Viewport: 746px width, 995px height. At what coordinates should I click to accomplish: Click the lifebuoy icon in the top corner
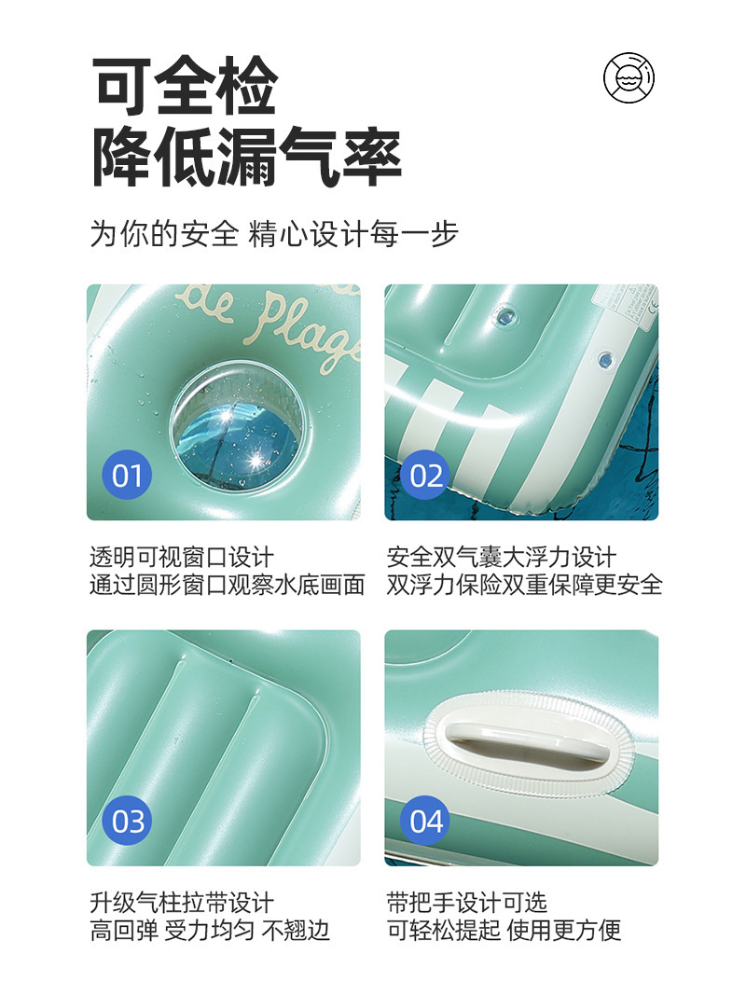point(628,78)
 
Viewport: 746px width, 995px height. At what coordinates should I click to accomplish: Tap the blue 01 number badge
point(127,475)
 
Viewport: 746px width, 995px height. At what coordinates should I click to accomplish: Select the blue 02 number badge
point(425,475)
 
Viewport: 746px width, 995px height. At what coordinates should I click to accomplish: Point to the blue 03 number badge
point(127,821)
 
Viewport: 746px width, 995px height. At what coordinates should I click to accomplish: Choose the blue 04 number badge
point(425,821)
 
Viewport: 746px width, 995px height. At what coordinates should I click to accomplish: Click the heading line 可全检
point(185,86)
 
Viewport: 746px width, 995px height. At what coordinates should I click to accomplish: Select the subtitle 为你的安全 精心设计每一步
point(273,233)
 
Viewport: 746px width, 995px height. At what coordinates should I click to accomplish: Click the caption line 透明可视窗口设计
point(182,557)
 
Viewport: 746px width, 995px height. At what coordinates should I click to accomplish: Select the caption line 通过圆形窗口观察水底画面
point(228,585)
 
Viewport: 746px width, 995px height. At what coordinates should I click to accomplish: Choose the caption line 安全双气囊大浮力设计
point(501,557)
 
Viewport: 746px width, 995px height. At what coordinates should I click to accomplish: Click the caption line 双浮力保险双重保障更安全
point(525,585)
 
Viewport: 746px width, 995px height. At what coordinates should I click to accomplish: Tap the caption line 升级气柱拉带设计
point(182,903)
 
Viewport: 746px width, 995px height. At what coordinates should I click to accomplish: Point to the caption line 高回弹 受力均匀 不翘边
point(210,931)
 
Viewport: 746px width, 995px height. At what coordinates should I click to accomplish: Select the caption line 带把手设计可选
point(467,903)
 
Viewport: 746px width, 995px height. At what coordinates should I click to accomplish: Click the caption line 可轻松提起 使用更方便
point(504,931)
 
